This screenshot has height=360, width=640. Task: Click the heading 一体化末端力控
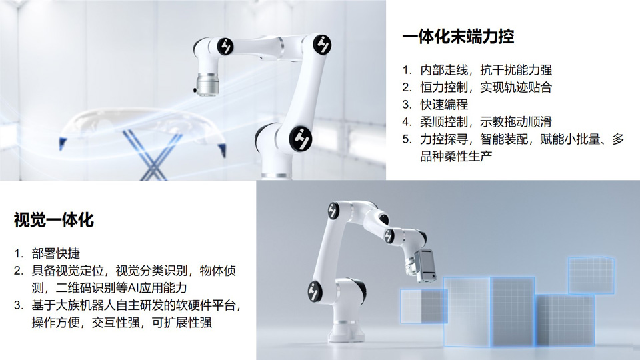click(x=458, y=37)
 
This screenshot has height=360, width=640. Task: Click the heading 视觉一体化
click(x=54, y=220)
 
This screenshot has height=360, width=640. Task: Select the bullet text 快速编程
click(x=444, y=105)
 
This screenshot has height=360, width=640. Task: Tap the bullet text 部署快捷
click(x=56, y=253)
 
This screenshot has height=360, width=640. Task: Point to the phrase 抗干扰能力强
click(x=516, y=70)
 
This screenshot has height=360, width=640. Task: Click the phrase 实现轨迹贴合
click(x=516, y=87)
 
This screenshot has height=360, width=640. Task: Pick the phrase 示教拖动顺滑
click(x=516, y=121)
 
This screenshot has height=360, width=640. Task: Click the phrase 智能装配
click(x=504, y=139)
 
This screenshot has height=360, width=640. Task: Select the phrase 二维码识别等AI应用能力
click(x=121, y=288)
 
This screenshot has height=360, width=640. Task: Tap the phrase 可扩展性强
click(x=182, y=323)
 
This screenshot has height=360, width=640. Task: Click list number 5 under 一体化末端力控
click(x=407, y=139)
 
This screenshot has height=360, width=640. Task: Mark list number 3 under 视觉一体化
click(x=19, y=305)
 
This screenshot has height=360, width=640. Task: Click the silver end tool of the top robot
click(x=207, y=85)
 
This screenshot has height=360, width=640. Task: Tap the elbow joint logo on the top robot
click(x=322, y=44)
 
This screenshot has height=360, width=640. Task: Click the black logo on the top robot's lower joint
click(x=301, y=138)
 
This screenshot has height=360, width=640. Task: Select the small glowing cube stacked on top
click(x=591, y=275)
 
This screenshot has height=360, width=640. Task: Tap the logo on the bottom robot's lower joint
click(x=315, y=291)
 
